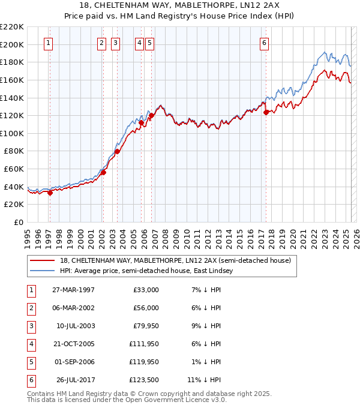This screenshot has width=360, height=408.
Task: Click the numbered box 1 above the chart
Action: coord(47,43)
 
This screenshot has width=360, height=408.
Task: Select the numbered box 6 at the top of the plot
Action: coord(264,43)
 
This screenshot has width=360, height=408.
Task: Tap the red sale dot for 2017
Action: coord(266,112)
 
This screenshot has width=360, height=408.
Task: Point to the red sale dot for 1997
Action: coord(50,193)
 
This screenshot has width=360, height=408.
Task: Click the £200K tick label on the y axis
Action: coord(12,44)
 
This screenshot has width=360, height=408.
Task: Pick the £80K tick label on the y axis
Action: coord(14,151)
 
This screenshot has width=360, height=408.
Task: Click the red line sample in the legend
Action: coord(43,260)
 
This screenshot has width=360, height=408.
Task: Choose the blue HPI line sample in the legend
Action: coord(43,271)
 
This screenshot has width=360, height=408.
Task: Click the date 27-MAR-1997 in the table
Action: coord(73,290)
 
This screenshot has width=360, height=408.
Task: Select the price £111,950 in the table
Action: coord(144,344)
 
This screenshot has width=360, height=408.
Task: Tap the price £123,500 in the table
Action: coord(144,380)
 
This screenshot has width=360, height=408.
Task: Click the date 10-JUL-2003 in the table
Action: coord(75,326)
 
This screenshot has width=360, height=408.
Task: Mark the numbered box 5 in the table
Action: coord(31,362)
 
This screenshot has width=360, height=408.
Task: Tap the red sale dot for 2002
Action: coord(103,172)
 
